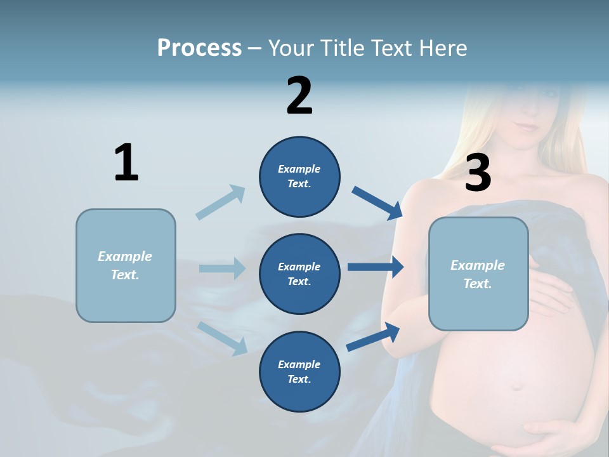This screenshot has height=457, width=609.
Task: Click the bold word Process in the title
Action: tap(199, 48)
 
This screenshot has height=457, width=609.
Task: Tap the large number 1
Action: tap(126, 163)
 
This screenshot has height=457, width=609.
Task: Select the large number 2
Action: tap(299, 96)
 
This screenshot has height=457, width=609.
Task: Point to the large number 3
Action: tap(478, 173)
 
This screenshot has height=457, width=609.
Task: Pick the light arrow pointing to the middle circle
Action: tap(222, 268)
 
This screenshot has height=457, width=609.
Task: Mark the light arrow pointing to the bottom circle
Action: tap(222, 338)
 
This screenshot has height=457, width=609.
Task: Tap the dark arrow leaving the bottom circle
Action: tap(374, 337)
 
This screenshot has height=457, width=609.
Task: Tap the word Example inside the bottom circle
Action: tap(299, 364)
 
